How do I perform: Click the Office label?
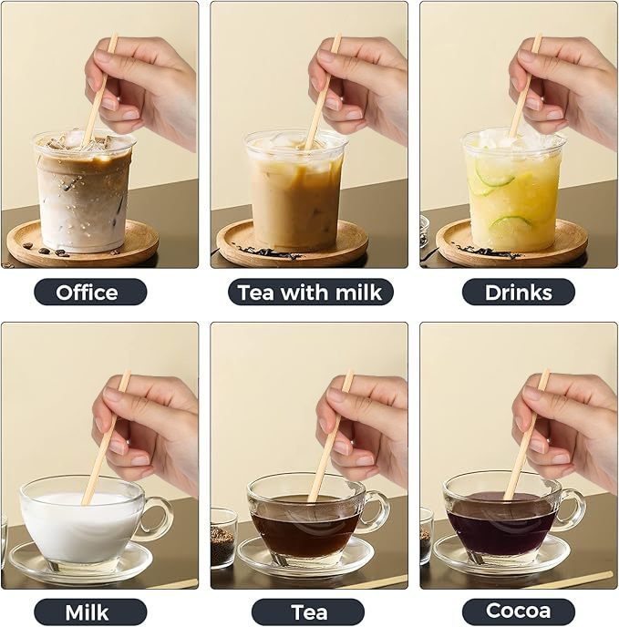90,292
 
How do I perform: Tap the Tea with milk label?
310,292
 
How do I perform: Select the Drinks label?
518,292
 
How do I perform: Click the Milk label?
90,611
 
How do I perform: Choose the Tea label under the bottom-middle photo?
308,611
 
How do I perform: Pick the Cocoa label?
518,611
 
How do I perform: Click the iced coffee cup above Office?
84,196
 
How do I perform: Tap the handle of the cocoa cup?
572,510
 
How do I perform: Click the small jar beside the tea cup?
223,539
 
